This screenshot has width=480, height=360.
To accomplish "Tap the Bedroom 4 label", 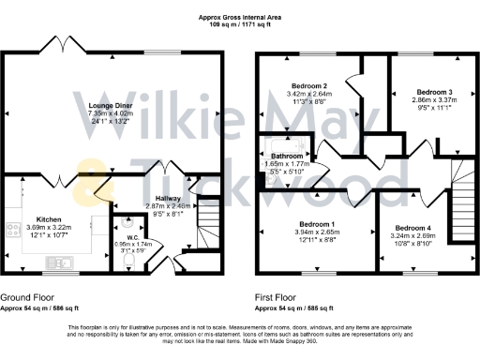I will [412, 228].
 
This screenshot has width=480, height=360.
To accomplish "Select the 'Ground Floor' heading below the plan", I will [26, 297].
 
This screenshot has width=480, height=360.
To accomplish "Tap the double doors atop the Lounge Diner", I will [64, 45].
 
